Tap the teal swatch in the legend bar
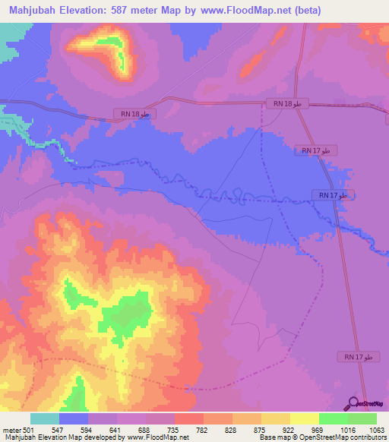[x=45, y=418]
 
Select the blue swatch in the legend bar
[x=74, y=418]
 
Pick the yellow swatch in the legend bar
[x=305, y=418]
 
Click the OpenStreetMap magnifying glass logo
[x=353, y=404]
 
